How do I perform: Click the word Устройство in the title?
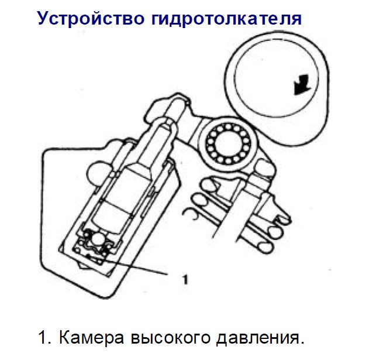91,19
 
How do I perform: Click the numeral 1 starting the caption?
42,338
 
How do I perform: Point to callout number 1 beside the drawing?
185,279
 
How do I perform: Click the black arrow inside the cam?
302,84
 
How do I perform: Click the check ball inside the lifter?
97,240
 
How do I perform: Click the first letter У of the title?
44,19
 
